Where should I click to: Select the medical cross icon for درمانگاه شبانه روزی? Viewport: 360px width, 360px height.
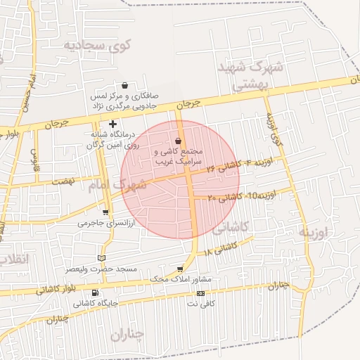(112, 124)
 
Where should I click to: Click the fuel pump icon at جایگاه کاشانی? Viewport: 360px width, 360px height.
(96, 293)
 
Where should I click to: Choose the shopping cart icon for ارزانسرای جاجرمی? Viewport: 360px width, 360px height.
(105, 212)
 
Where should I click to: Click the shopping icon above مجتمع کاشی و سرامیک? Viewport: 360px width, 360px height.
(177, 141)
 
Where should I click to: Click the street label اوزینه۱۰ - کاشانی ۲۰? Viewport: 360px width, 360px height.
(236, 196)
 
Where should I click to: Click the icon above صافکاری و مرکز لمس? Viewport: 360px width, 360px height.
(125, 85)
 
